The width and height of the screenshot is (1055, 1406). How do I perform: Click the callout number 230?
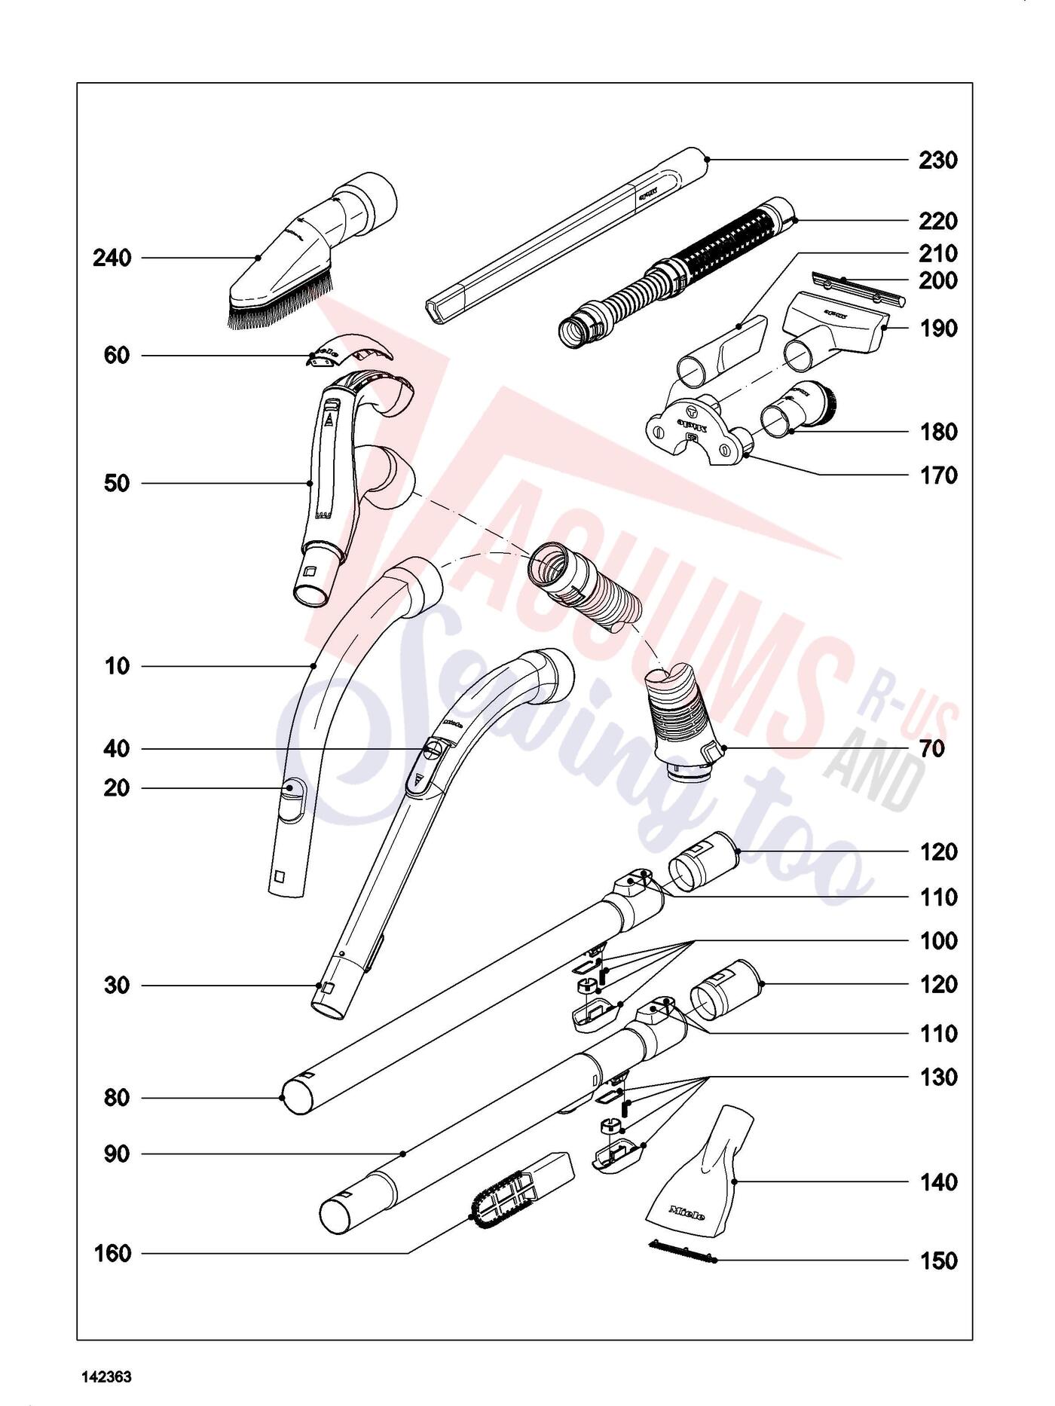[937, 160]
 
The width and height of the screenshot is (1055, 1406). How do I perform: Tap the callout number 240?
[112, 258]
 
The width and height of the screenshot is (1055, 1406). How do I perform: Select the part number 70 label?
[931, 750]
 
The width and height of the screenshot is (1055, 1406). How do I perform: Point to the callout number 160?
[112, 1254]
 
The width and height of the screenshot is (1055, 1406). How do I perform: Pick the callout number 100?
[937, 941]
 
